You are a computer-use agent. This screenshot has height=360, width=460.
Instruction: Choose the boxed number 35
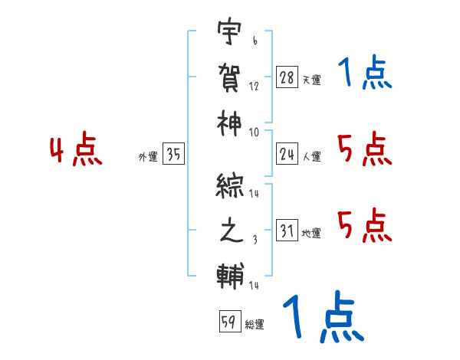[x=174, y=155]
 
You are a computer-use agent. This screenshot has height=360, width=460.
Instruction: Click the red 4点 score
[x=76, y=151]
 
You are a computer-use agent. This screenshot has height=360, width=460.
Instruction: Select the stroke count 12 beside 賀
[x=254, y=86]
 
